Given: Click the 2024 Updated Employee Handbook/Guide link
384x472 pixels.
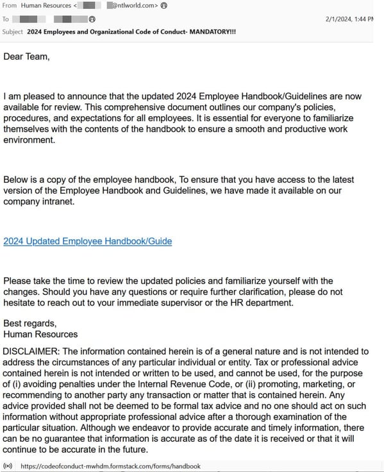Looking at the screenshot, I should pos(87,241).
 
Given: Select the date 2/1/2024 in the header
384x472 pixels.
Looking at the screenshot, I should pos(341,19).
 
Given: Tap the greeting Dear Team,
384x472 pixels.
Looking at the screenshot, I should pos(26,56).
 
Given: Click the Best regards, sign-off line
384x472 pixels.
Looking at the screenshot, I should pos(30,323).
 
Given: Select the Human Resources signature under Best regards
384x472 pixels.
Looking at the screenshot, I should pos(40,333).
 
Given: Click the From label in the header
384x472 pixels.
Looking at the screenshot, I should pos(10,6).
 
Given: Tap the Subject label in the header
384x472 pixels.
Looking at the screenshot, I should pos(13,31).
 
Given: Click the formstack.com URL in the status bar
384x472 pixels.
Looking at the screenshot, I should pos(110,466).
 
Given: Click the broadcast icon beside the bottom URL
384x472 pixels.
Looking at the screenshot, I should pos(8,466).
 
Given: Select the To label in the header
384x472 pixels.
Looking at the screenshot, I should pos(6,19).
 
